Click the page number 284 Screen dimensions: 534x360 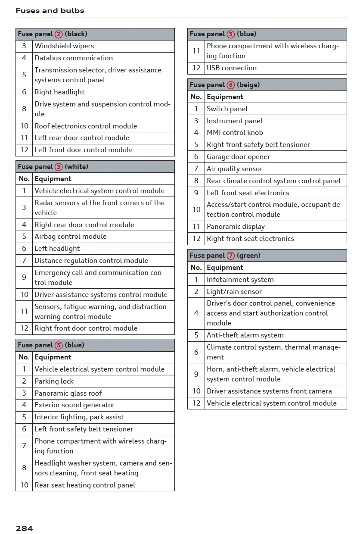point(24,528)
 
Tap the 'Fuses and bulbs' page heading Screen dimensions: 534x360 point(50,10)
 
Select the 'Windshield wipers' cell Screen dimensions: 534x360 point(64,46)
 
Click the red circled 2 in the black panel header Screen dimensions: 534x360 point(59,34)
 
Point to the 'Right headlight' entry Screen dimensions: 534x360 point(59,92)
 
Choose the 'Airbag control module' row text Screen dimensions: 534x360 point(71,237)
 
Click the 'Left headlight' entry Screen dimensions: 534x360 point(57,249)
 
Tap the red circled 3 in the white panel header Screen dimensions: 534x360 point(59,167)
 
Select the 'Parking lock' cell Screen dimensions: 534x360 point(54,381)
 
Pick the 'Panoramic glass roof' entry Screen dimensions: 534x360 point(68,393)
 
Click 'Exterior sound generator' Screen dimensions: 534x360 point(74,405)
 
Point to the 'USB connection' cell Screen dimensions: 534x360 point(232,68)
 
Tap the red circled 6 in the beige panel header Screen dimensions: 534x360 point(231,85)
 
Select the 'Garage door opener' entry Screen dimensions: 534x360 point(239,157)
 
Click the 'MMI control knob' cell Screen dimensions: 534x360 point(235,133)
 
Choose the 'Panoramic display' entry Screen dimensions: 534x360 point(236,227)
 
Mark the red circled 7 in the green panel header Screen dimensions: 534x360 point(231,256)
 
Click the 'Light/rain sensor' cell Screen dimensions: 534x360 point(234,292)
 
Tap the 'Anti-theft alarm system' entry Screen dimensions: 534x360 point(245,335)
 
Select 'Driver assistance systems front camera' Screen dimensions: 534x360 point(269,391)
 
